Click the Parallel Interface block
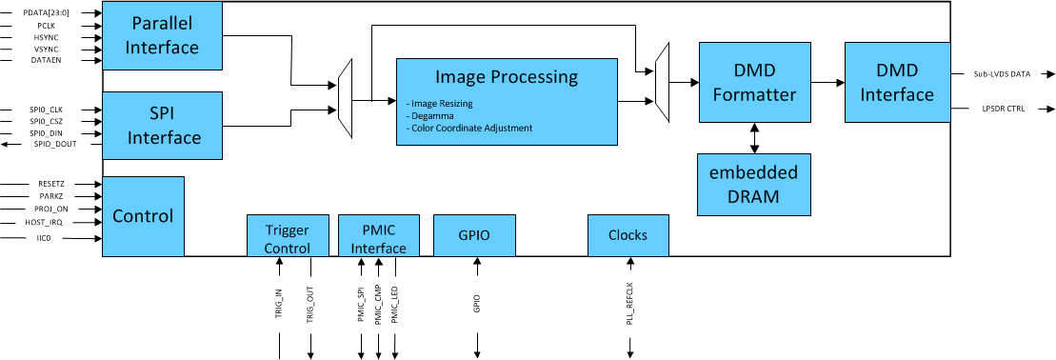click(162, 36)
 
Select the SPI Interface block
click(162, 126)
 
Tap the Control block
click(143, 216)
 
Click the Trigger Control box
click(287, 235)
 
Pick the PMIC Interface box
click(378, 235)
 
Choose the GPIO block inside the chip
click(474, 235)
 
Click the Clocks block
click(628, 235)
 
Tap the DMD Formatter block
click(753, 82)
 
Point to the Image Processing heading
click(506, 77)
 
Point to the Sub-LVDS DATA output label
click(1001, 73)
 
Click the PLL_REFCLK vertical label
click(629, 304)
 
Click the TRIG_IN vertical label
click(279, 303)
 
